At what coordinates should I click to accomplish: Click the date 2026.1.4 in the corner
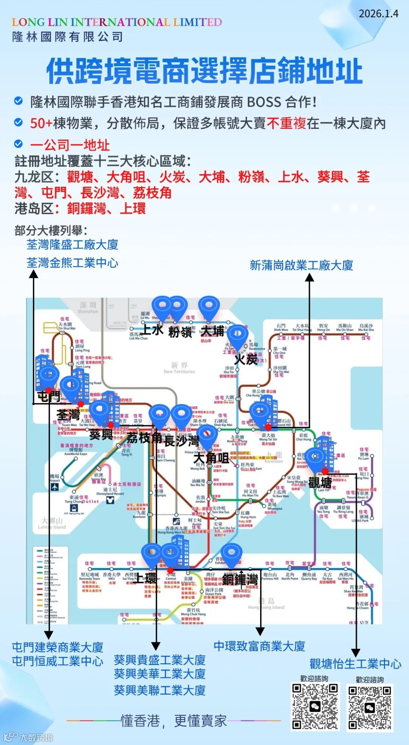click(x=378, y=14)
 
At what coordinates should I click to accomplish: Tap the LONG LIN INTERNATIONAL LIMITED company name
click(x=117, y=22)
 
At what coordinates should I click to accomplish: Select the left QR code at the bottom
click(x=315, y=706)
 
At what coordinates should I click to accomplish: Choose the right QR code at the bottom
click(x=370, y=708)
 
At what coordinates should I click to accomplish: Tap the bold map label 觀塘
click(x=320, y=483)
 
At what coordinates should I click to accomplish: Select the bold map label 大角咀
click(x=211, y=458)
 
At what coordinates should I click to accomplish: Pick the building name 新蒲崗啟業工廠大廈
click(x=301, y=266)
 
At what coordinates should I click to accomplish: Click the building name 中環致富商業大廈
click(x=259, y=646)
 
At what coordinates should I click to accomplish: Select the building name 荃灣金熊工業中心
click(x=72, y=263)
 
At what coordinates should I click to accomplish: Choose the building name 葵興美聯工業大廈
click(x=159, y=690)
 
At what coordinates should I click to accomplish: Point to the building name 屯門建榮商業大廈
click(x=58, y=647)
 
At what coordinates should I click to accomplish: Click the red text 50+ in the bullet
click(x=41, y=123)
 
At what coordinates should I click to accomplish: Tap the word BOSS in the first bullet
click(x=264, y=102)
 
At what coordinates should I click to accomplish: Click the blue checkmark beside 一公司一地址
click(x=18, y=144)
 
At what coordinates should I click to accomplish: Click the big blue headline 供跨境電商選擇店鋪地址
click(x=204, y=71)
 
